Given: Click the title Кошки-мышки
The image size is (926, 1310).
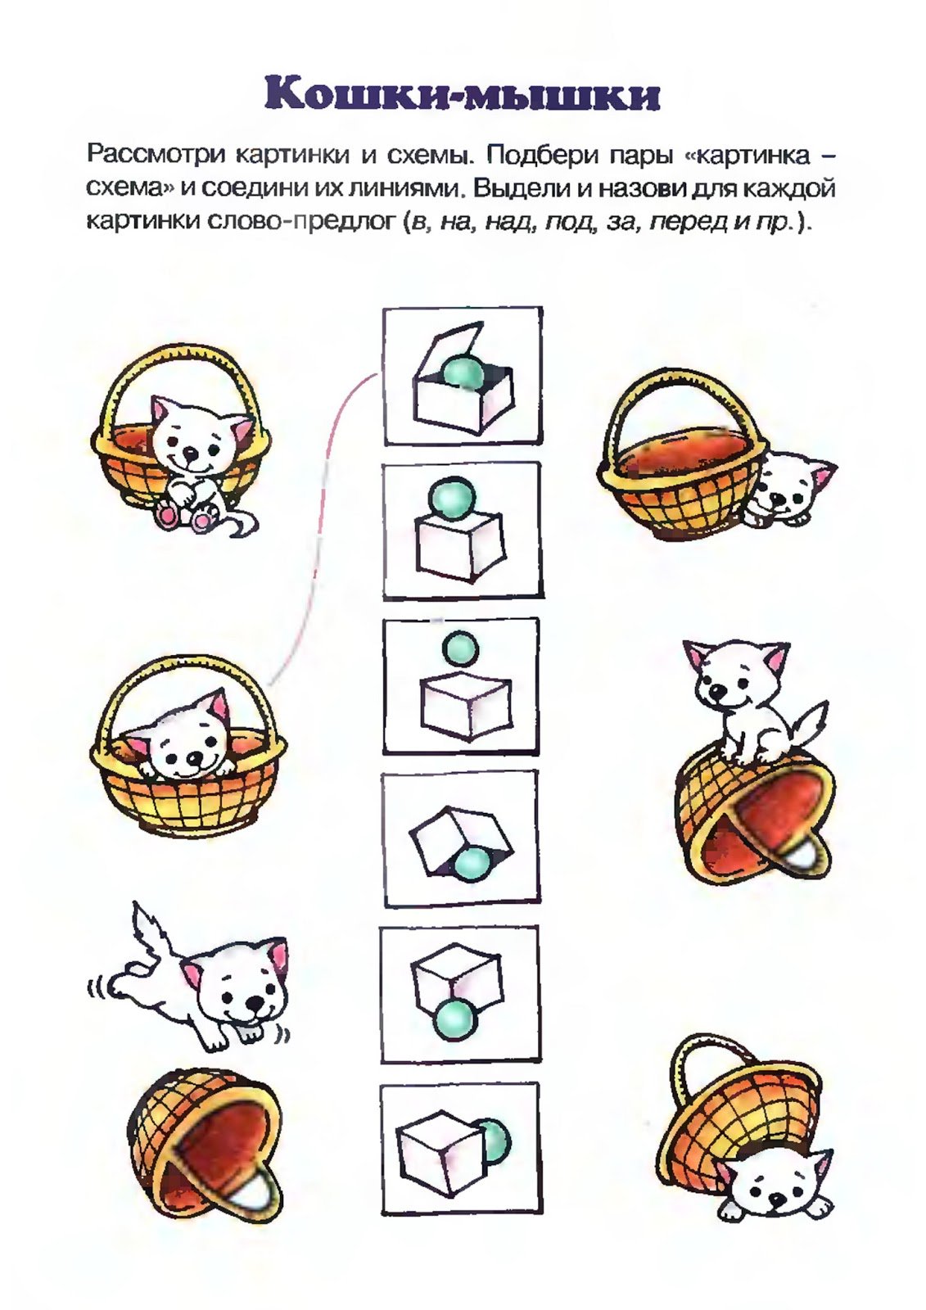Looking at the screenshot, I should (463, 94).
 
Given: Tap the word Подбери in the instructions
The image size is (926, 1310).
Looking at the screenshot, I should (544, 154).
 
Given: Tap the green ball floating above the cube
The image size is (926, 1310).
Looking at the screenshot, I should (459, 648).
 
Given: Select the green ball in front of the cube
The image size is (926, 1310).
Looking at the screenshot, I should (453, 1018).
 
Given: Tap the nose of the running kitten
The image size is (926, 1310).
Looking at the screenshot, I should (255, 1003).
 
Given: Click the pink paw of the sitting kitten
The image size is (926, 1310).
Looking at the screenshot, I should (169, 515).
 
